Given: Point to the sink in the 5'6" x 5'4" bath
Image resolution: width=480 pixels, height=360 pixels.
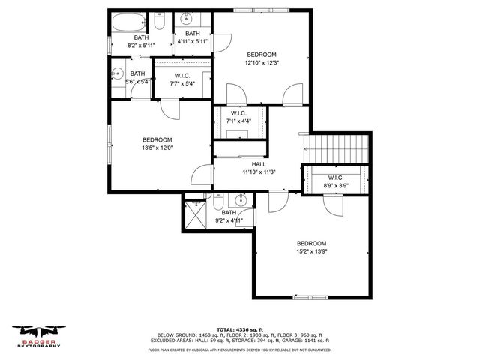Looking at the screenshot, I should (x=118, y=74).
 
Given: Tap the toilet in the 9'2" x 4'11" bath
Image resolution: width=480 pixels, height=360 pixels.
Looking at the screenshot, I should (x=217, y=202).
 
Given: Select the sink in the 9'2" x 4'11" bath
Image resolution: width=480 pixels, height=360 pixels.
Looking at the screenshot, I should (x=241, y=200).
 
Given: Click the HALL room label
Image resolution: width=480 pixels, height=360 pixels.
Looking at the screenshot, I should (x=259, y=164).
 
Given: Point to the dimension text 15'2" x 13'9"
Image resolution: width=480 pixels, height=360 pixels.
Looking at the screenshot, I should (x=311, y=252).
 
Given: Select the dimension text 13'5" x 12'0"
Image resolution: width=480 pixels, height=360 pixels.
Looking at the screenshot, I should (x=157, y=148).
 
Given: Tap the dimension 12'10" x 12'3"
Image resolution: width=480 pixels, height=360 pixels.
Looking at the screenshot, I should (x=262, y=63).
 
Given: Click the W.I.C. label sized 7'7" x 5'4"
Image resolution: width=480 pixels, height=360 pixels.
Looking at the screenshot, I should (x=181, y=76).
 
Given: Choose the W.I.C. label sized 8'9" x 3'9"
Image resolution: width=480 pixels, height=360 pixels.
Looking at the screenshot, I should (x=335, y=178).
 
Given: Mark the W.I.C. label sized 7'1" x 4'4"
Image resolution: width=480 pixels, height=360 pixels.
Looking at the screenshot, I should (x=239, y=113).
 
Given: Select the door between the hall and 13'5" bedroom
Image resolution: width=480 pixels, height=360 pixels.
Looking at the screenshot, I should (x=201, y=177).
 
